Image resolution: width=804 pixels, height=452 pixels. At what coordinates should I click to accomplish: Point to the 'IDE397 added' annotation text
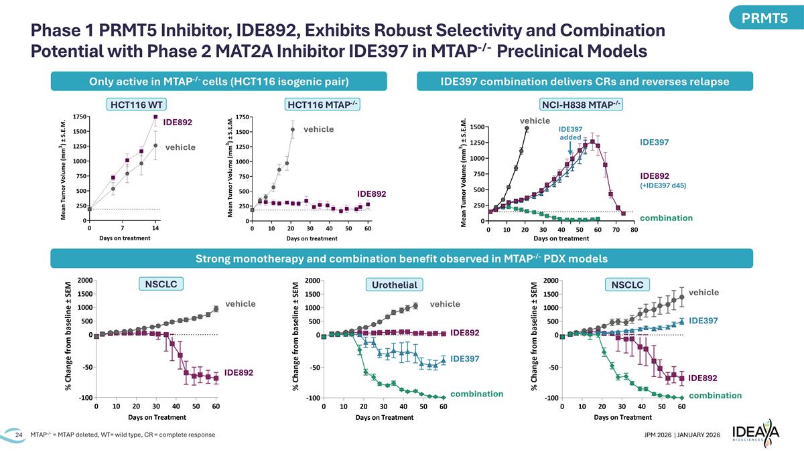pos(570,133)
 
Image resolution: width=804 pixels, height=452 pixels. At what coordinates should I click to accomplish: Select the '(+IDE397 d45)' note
pos(663,185)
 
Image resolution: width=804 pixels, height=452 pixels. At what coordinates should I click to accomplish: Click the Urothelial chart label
pos(393,285)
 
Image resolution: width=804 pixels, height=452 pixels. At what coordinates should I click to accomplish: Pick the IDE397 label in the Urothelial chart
pos(464,360)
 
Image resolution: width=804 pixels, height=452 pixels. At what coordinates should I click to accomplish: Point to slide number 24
pos(19,436)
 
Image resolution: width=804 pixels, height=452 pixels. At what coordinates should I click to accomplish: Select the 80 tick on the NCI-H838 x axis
pos(634,230)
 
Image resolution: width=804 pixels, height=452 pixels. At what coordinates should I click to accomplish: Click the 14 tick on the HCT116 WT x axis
pos(155,228)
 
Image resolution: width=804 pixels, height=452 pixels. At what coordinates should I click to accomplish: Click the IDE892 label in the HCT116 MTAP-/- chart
pos(371,194)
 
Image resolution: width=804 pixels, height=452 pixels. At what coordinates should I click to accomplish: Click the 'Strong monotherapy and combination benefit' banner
pos(401,259)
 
